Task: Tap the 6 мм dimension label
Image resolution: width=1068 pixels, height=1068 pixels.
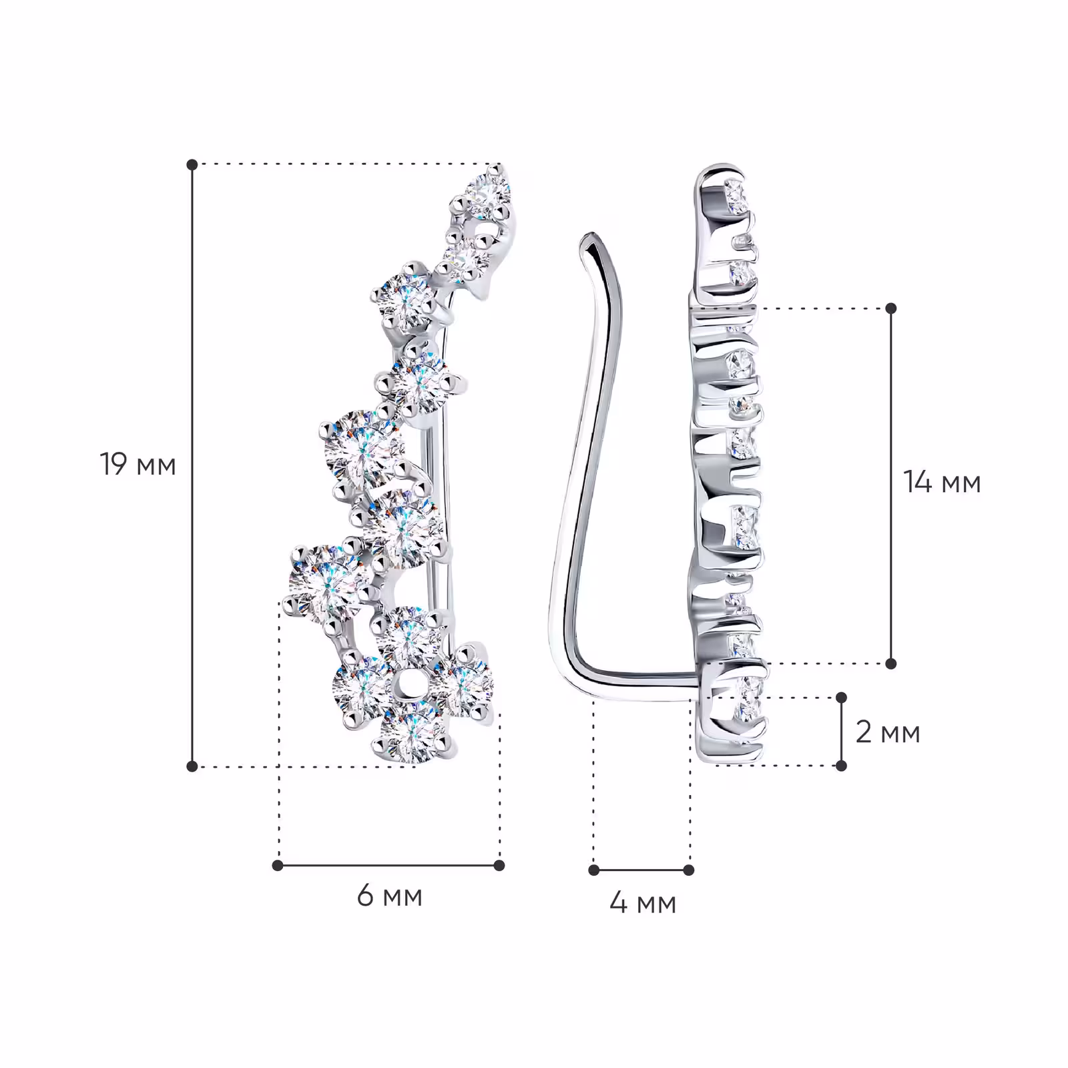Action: (x=389, y=896)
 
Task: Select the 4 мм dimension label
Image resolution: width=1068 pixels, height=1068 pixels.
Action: (x=642, y=903)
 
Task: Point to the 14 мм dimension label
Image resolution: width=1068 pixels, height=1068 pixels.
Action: (x=942, y=482)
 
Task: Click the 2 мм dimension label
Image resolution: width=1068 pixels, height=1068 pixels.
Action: (x=888, y=732)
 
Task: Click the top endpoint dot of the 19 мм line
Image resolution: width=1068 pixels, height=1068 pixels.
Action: (x=192, y=164)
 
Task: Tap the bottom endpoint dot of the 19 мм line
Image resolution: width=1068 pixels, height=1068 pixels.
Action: (x=192, y=766)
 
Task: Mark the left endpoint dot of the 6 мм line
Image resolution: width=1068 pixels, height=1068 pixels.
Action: (x=278, y=866)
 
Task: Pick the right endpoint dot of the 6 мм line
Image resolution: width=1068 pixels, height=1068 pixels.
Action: (x=499, y=866)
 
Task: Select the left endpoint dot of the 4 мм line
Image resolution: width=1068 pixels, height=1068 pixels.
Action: (x=594, y=870)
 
